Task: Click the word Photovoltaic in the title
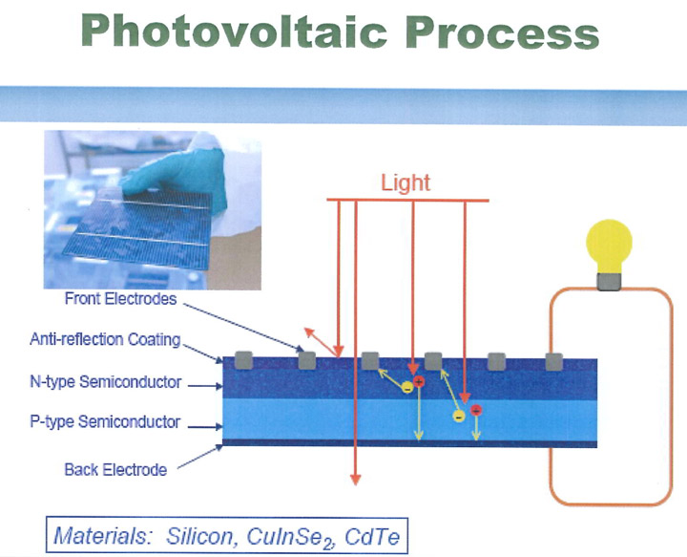pos(234,32)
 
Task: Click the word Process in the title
pos(502,32)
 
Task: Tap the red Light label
pos(406,182)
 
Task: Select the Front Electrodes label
pos(120,299)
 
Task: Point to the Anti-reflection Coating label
pos(105,339)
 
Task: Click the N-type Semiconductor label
pos(105,382)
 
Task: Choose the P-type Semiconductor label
pos(105,422)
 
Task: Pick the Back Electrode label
pos(115,470)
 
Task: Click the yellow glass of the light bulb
pos(609,246)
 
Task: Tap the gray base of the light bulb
pos(609,281)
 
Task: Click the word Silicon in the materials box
pos(199,536)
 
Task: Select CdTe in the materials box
pos(372,536)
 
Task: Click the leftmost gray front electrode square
pos(243,360)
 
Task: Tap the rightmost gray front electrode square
pos(553,361)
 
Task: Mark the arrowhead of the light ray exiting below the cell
pos(356,479)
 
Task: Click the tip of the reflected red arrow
pos(305,329)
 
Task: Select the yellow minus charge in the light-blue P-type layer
pos(459,417)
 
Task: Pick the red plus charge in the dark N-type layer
pos(419,381)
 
